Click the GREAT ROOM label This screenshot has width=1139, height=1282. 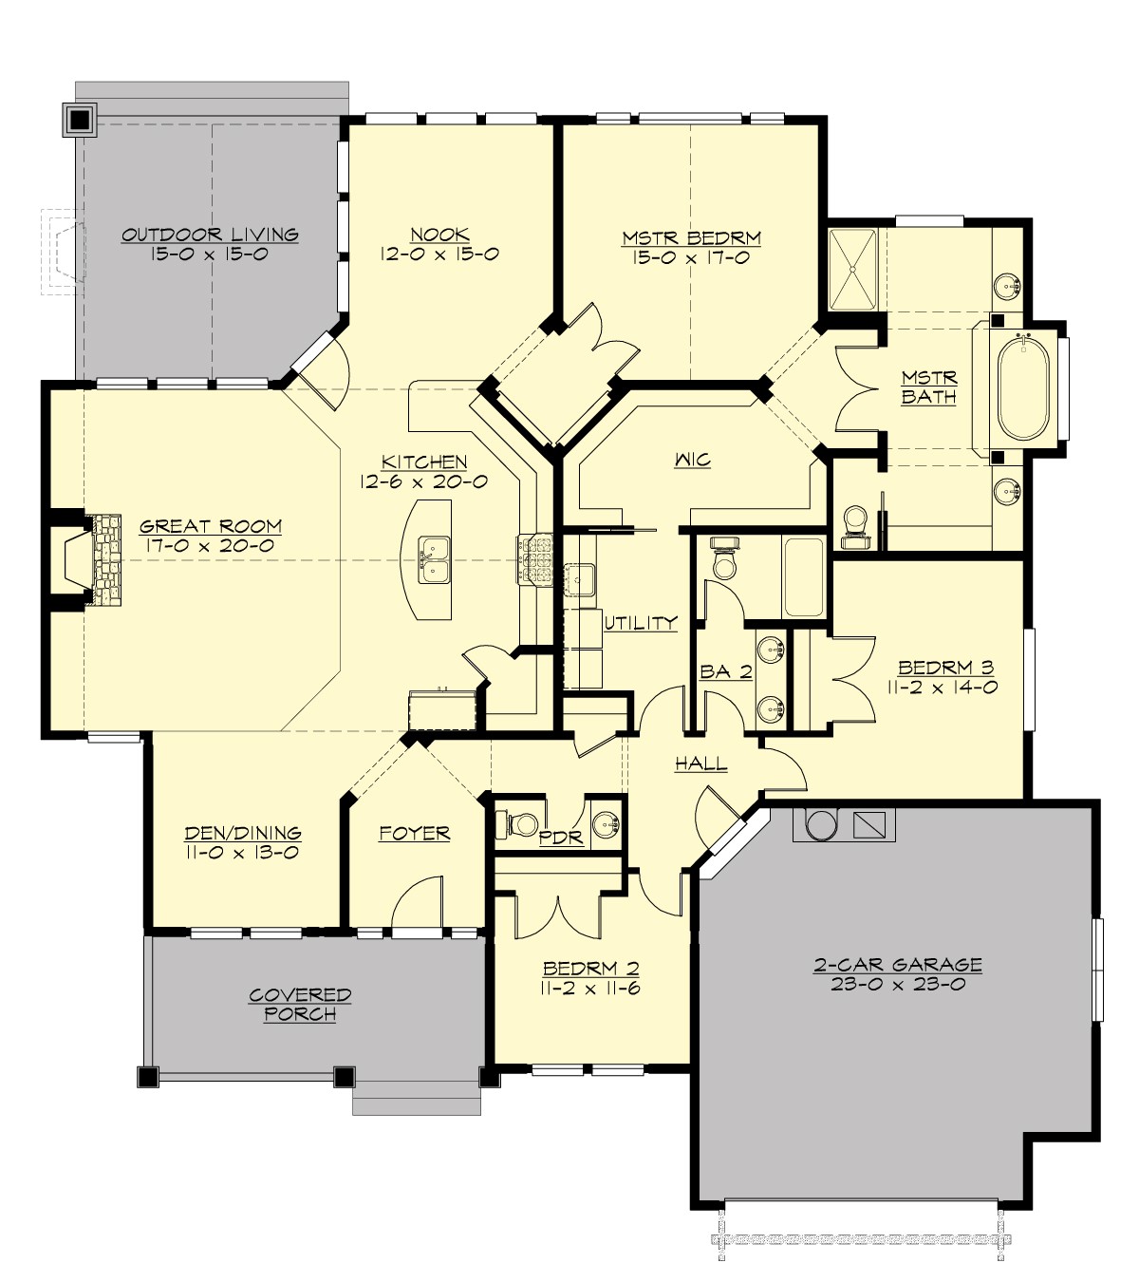pos(210,526)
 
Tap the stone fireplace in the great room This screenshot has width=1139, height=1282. pos(104,560)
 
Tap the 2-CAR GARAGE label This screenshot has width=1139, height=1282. pos(897,965)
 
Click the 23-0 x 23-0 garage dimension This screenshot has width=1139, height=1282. pos(897,985)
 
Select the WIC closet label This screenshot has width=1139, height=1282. pos(692,460)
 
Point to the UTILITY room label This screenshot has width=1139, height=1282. pos(641,623)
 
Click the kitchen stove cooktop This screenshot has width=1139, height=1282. pos(535,560)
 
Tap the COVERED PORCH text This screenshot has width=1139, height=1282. pos(300,1005)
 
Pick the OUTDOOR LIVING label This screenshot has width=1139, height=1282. pos(210,235)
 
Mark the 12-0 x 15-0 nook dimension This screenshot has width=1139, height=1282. pos(439,255)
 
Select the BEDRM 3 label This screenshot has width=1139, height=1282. pos(945,668)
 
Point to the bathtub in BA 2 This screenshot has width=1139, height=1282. pos(804,576)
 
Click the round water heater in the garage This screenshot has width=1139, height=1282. pos(820,824)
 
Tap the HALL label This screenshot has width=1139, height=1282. pos(700,764)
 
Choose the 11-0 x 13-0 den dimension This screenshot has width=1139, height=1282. pos(242,853)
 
